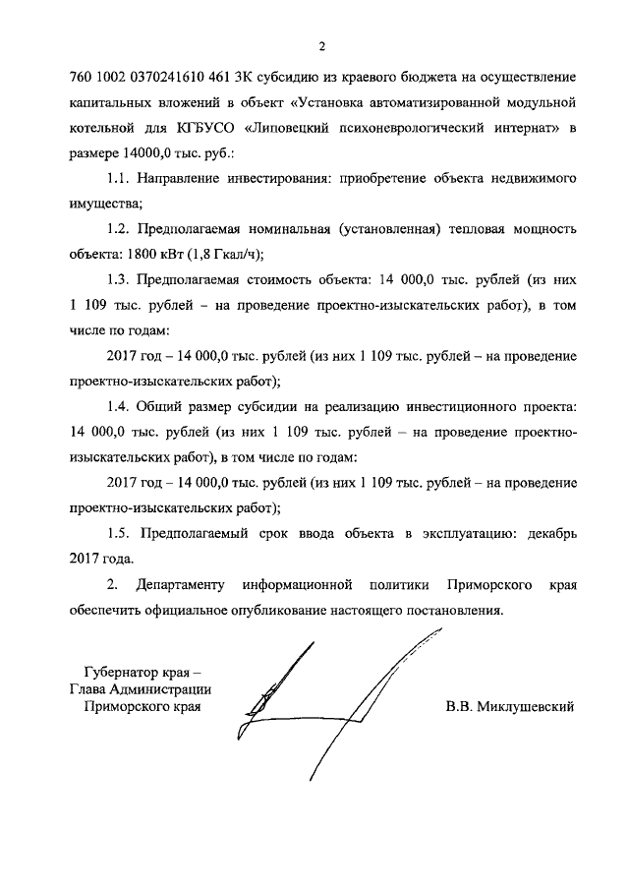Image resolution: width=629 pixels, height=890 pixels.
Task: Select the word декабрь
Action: coord(544,535)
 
